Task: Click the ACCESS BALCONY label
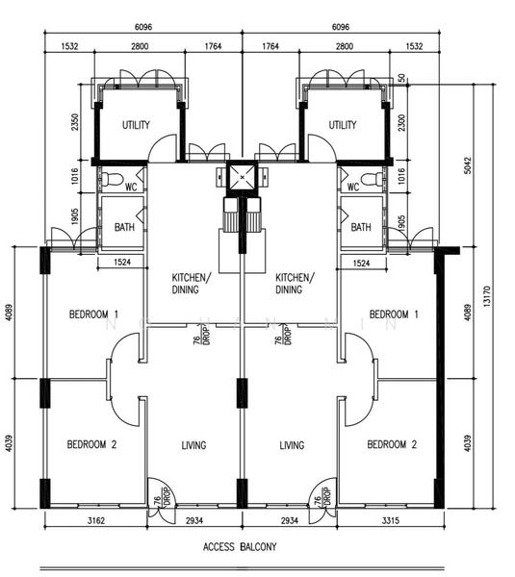tap(240, 547)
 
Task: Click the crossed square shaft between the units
tap(240, 179)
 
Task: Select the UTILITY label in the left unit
tap(136, 125)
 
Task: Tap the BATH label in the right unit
tap(360, 228)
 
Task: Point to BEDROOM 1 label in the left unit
tap(93, 314)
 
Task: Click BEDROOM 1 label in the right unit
tap(395, 314)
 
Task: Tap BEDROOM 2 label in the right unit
tap(393, 444)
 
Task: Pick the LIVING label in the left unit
tap(193, 445)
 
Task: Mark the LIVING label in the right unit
tap(292, 445)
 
